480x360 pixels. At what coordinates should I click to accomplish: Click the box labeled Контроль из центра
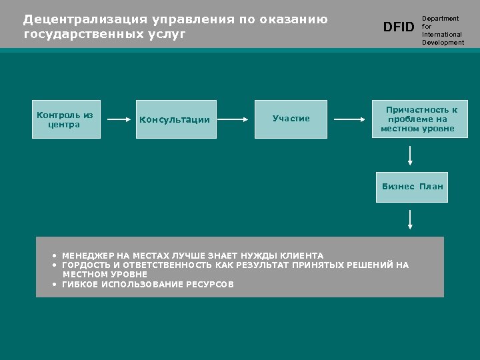(66, 119)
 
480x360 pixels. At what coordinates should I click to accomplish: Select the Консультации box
(176, 119)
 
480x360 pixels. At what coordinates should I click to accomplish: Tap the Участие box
(291, 119)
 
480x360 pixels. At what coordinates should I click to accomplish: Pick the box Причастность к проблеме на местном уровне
(419, 119)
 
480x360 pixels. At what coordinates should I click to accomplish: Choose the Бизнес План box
(412, 187)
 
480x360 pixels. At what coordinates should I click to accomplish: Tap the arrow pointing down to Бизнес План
(410, 155)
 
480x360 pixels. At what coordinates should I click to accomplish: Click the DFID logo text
(399, 27)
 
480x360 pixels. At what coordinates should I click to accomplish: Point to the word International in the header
(442, 35)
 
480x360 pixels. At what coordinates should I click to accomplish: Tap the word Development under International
(443, 43)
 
